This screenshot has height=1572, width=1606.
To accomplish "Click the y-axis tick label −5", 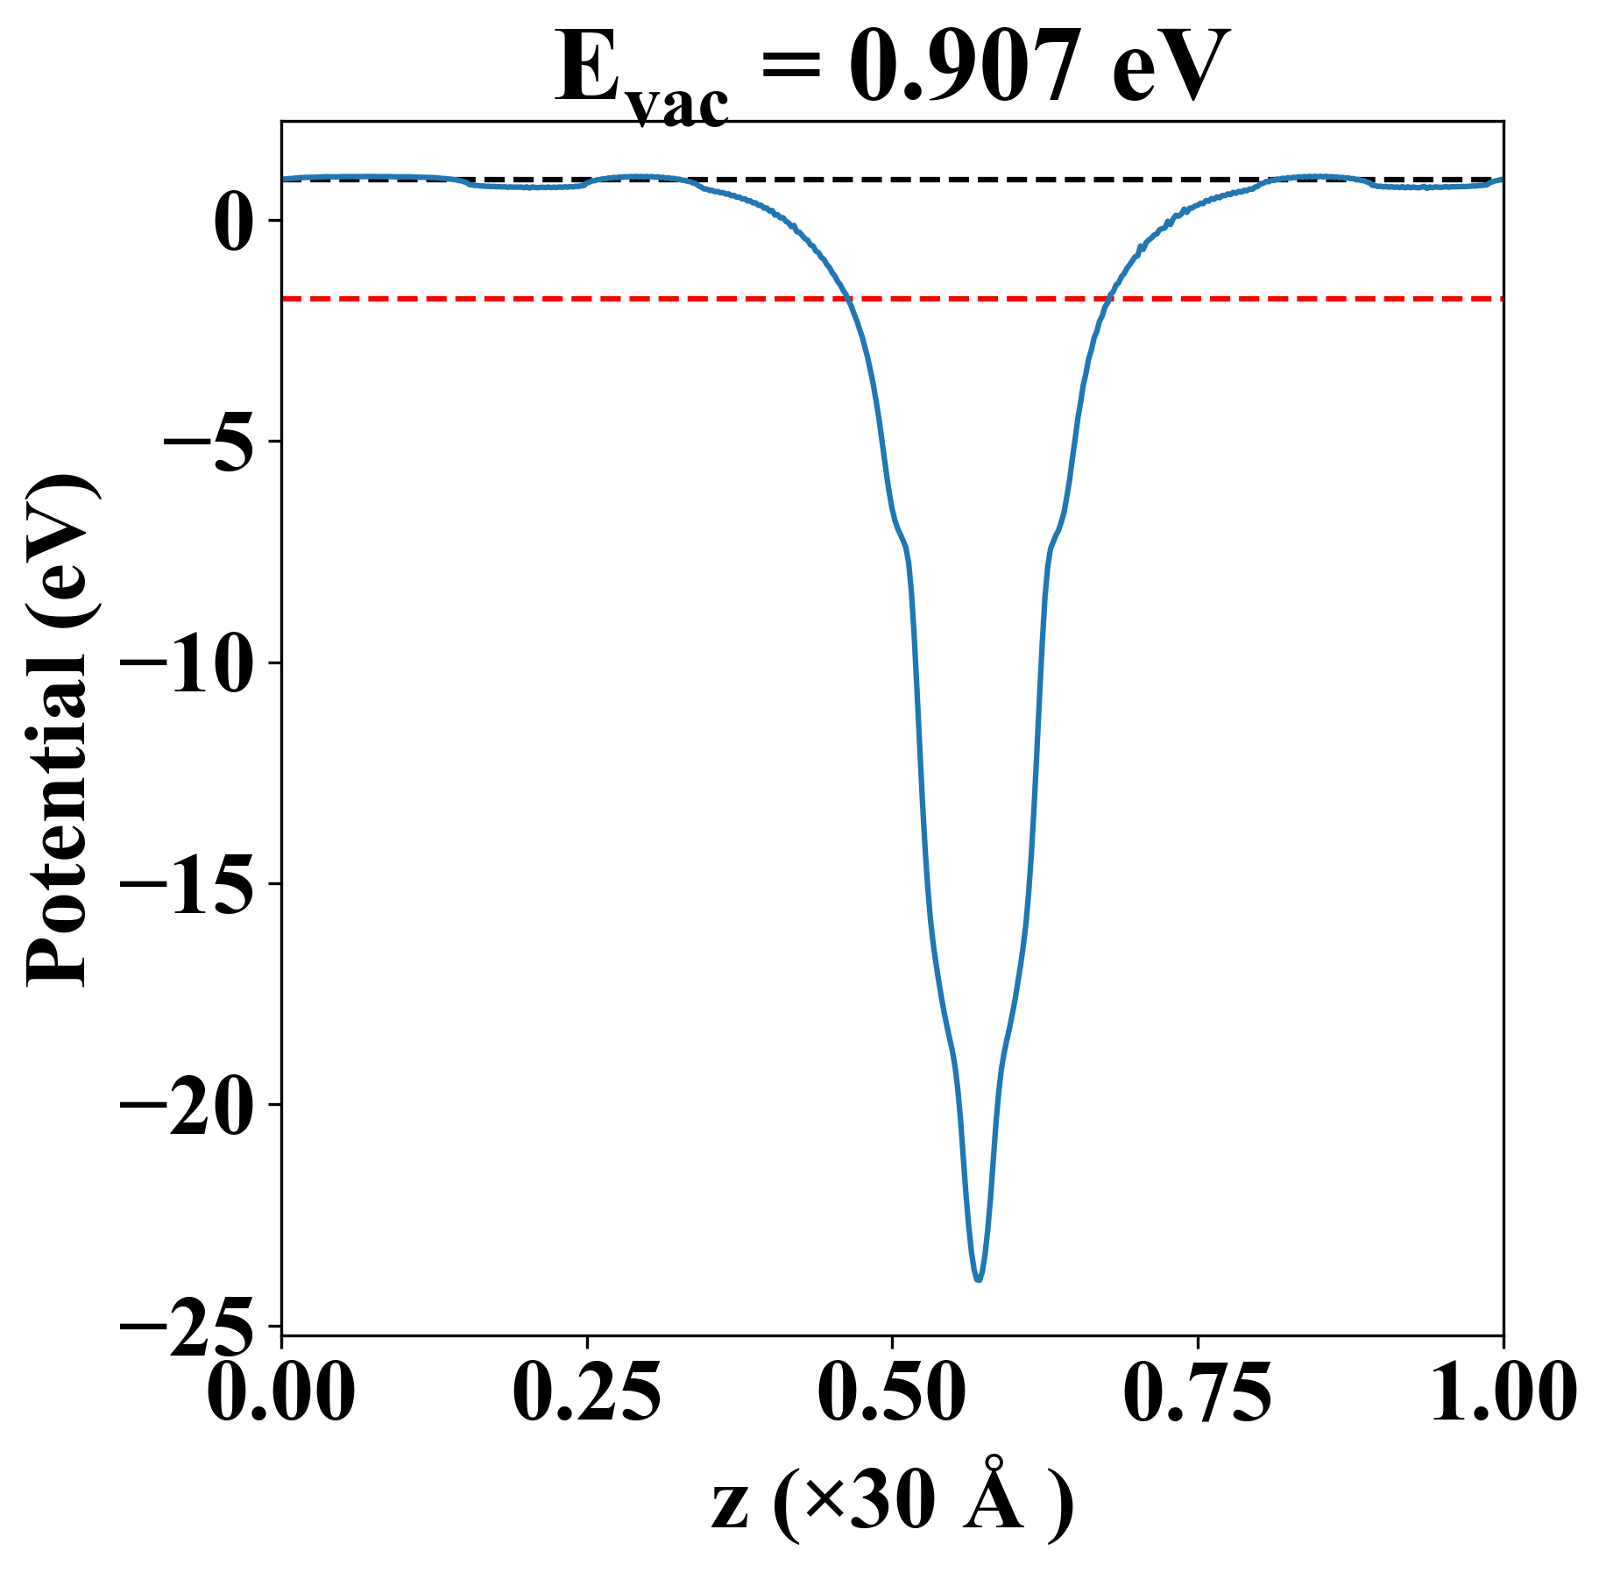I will point(211,442).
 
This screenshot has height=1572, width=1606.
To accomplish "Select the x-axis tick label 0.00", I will point(281,1393).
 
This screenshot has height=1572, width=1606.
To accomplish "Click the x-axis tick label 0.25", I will point(586,1393).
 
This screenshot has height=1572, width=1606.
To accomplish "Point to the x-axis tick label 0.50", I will point(892,1393).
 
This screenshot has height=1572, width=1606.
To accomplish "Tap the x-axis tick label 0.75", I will point(1197,1393).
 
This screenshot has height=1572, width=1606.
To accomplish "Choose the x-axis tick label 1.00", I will point(1502,1393).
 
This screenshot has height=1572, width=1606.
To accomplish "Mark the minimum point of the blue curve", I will point(978,1279).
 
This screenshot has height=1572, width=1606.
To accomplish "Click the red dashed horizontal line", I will point(613,299).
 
